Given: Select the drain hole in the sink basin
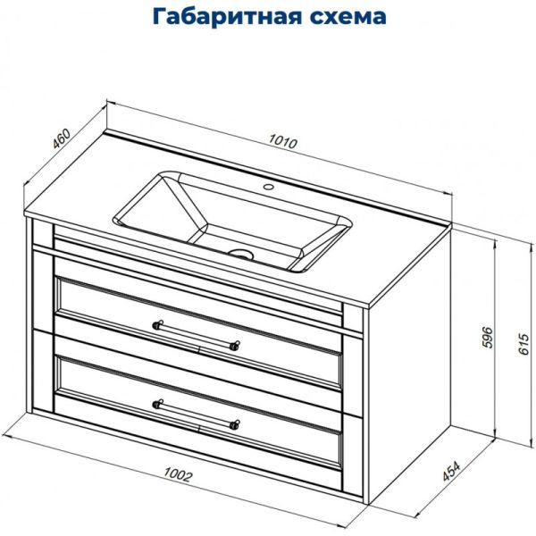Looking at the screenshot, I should point(239,252).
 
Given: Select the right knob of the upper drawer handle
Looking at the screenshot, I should point(235,345).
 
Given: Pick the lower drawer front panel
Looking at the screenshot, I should point(198,413).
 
